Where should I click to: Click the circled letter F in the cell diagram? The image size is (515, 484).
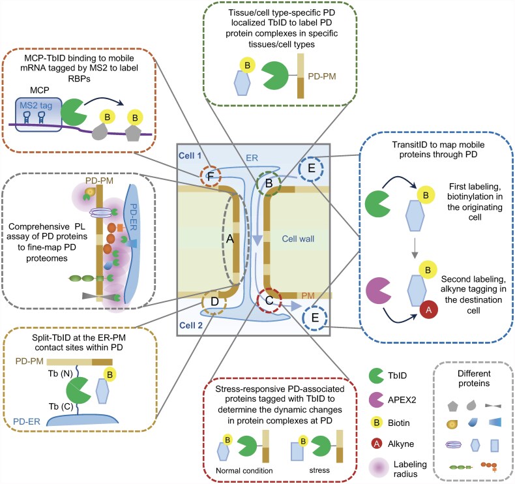(210, 177)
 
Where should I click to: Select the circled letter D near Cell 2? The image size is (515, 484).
(214, 301)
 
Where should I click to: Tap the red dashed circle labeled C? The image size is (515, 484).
(269, 300)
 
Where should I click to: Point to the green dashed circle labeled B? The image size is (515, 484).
(269, 183)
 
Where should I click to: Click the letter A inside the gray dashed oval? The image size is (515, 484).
(230, 239)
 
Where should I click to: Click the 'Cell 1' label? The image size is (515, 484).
(190, 155)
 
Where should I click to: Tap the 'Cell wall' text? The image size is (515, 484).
(298, 239)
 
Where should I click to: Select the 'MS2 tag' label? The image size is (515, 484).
(36, 106)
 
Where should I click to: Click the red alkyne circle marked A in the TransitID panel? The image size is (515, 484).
(428, 310)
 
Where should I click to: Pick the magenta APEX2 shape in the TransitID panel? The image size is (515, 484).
(377, 290)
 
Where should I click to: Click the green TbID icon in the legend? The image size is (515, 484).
(375, 376)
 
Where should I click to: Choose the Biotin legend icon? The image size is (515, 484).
(377, 423)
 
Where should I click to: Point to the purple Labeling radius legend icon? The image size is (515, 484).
(379, 468)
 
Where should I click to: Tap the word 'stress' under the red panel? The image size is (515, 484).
(319, 470)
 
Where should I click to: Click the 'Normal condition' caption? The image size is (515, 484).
(244, 470)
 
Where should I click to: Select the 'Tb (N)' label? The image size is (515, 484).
(60, 374)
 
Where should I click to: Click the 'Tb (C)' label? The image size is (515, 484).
(61, 406)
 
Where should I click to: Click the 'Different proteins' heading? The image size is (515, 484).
(474, 378)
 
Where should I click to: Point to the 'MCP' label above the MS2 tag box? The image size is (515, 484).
(39, 90)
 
